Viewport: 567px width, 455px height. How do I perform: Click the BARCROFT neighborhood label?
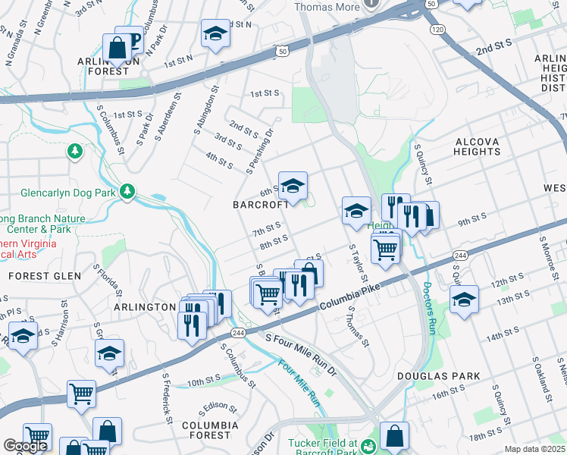261,205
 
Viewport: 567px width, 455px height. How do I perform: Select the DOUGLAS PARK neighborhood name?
439,376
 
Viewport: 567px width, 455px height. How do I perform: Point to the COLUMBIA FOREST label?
205,430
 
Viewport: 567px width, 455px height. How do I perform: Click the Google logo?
25,446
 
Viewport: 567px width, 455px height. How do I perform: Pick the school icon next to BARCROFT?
293,185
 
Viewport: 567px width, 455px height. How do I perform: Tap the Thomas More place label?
327,7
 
